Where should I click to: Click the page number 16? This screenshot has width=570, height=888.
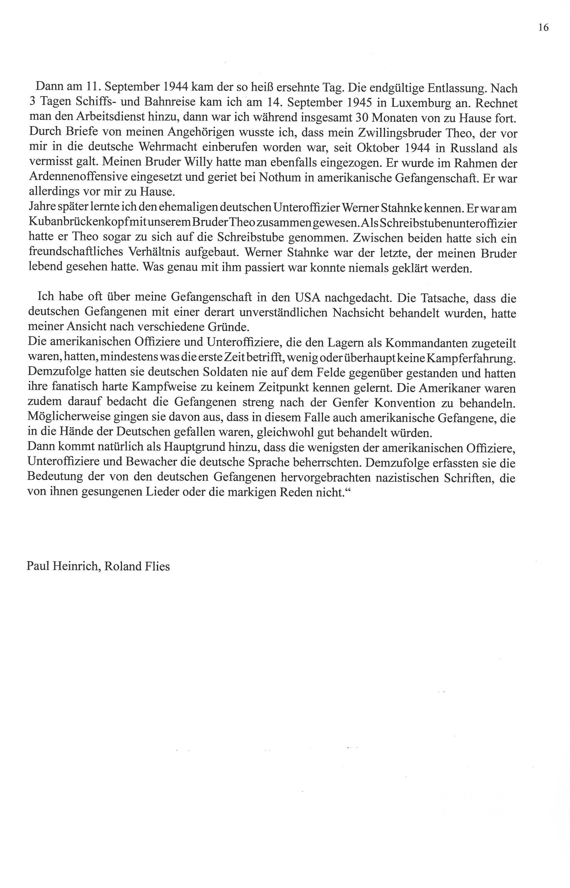point(543,27)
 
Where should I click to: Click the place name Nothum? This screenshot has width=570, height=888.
point(281,178)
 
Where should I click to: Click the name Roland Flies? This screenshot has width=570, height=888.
point(137,566)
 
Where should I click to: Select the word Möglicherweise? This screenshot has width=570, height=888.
point(66,417)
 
